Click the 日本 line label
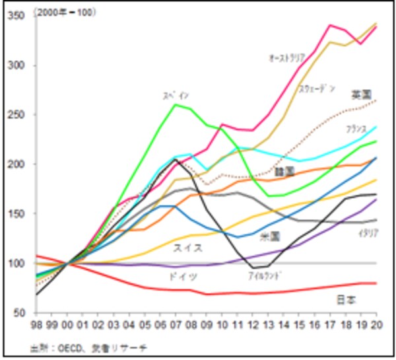tap(346, 299)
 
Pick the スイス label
tap(187, 248)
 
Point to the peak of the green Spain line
tap(174, 104)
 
